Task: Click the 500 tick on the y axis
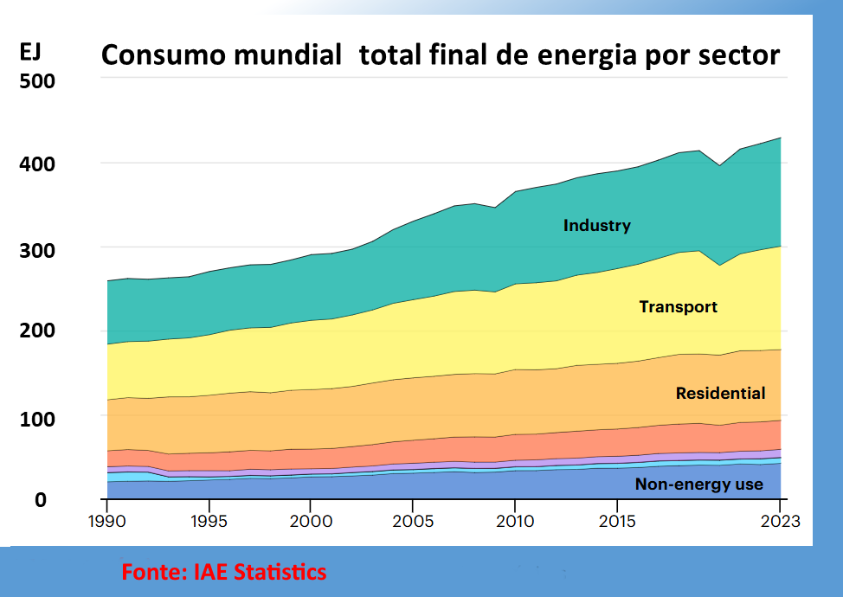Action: coord(37,81)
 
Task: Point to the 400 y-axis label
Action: coord(37,164)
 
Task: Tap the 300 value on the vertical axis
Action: coord(37,250)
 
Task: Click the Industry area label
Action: coord(596,226)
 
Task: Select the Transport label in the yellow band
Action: coord(678,306)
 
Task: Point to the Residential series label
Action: coord(720,394)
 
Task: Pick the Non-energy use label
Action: coord(699,485)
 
